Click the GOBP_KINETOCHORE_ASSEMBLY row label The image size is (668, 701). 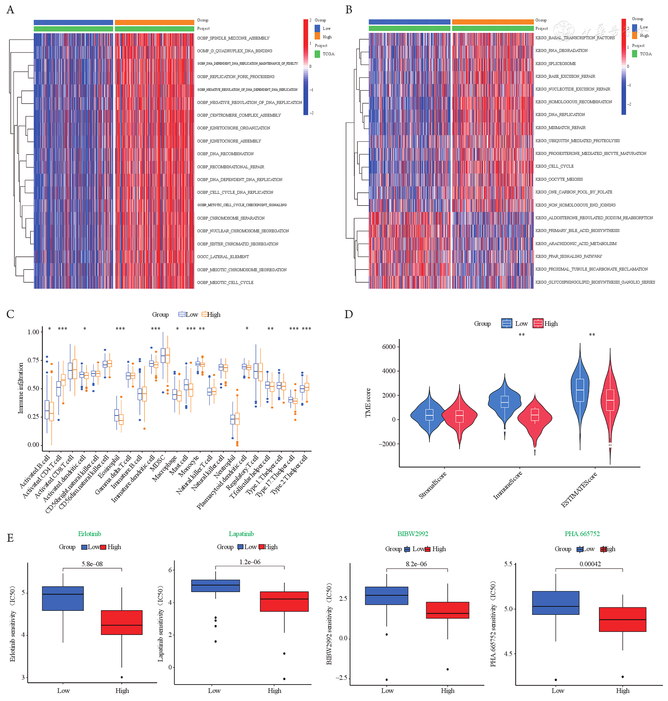[229, 141]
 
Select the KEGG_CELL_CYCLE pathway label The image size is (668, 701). [554, 166]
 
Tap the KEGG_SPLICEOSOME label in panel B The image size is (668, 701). [555, 64]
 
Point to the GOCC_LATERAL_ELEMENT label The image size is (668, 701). [223, 257]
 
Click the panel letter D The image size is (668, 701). [349, 314]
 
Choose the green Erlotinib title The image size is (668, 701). [90, 534]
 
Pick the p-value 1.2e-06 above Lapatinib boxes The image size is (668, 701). [249, 562]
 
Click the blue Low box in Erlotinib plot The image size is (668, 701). [63, 598]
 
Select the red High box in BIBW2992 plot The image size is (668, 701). [447, 610]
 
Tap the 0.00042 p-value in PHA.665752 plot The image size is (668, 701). [590, 564]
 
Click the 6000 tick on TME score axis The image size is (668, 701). [388, 347]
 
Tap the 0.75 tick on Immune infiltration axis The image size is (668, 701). [33, 360]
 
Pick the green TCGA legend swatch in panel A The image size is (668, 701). [317, 54]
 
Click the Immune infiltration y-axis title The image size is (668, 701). [21, 388]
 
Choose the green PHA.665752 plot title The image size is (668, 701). [582, 534]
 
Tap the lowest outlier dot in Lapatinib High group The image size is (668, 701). [284, 679]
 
